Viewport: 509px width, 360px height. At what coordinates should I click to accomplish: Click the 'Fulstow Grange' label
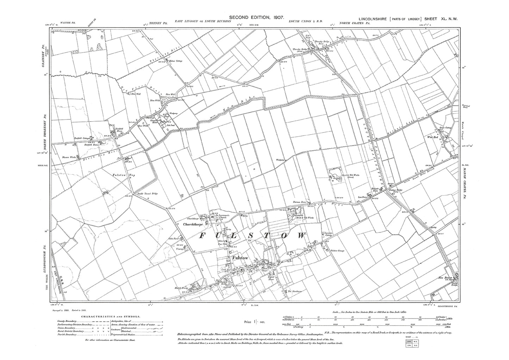tap(337, 251)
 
